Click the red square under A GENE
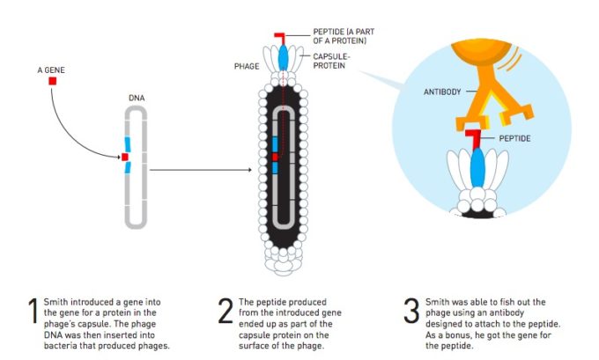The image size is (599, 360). coord(53,81)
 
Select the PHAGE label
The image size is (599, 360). coord(247,66)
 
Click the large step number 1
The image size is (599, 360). coord(33,312)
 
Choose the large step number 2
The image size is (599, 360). coord(226,312)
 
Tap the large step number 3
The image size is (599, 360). coord(410,312)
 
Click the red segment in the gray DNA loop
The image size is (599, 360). coord(125,157)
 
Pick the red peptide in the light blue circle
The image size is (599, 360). coord(474,136)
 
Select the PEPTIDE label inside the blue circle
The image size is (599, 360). coord(515,138)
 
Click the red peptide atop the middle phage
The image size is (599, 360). coord(280,36)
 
